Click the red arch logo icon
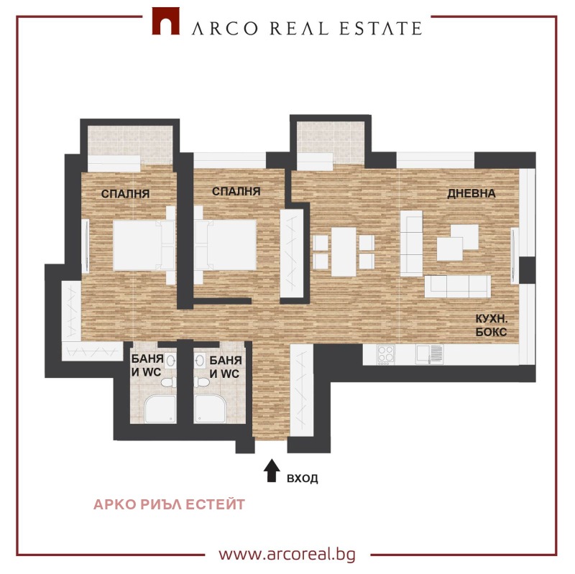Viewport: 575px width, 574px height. (x=165, y=22)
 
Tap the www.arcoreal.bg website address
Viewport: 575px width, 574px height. (x=287, y=554)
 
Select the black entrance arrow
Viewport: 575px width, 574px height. (x=272, y=471)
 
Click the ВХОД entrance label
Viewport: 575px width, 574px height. (x=302, y=478)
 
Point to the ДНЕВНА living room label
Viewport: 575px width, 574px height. (x=471, y=194)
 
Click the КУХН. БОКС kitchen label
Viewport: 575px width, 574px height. (x=492, y=325)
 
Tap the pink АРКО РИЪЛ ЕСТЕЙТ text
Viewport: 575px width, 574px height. (x=169, y=504)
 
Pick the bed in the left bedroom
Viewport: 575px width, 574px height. (x=142, y=245)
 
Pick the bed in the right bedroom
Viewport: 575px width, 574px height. (x=226, y=244)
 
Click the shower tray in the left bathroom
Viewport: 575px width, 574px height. (x=160, y=409)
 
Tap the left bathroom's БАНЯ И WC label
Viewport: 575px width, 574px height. (x=147, y=366)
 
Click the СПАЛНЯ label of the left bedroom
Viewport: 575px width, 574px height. (x=125, y=193)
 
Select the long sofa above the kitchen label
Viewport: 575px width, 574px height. (x=457, y=286)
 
